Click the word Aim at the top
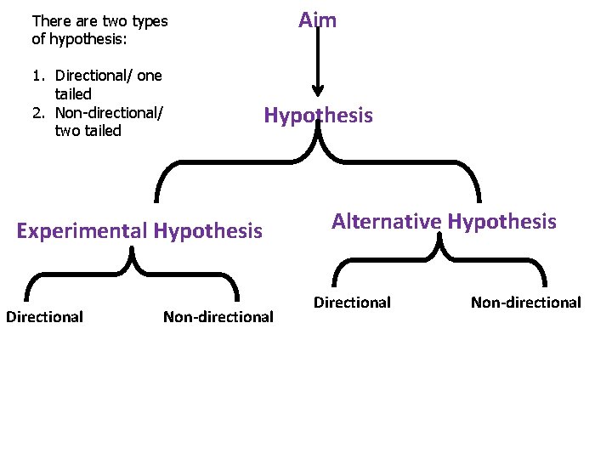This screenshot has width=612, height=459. tap(317, 20)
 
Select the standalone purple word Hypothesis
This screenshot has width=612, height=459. tap(318, 116)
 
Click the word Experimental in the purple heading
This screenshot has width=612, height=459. tap(82, 230)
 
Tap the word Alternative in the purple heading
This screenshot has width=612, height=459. tap(387, 222)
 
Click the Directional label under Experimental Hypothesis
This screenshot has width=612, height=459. tap(44, 317)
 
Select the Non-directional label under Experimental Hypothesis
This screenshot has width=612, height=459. tap(218, 317)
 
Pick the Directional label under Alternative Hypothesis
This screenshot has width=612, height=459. tap(352, 302)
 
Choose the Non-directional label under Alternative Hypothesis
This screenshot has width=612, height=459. tap(526, 302)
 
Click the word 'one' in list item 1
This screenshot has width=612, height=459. tap(149, 76)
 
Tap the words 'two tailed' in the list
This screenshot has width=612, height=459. tap(88, 131)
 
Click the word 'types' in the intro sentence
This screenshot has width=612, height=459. tap(150, 20)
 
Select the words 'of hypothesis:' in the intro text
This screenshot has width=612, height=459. tap(73, 39)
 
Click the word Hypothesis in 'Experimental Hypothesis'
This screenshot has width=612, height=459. tap(207, 230)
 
